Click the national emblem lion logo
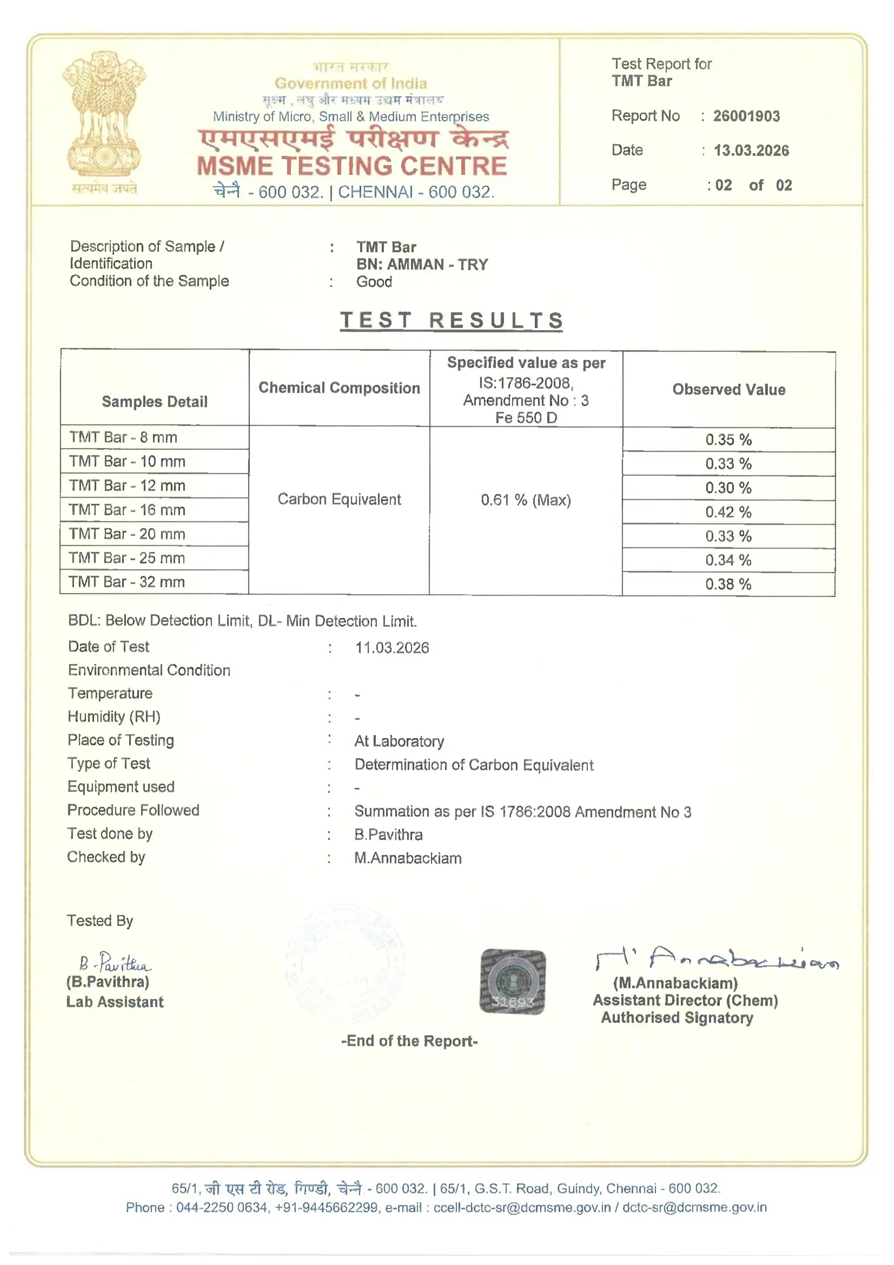point(104,116)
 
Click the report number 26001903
point(746,116)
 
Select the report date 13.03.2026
point(751,150)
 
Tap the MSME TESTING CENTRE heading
point(352,167)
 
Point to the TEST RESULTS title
point(451,320)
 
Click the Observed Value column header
point(728,390)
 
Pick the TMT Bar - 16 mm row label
point(127,510)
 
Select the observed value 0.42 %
point(727,512)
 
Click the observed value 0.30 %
point(727,487)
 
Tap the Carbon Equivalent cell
point(339,499)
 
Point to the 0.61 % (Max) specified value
point(526,500)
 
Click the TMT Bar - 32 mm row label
point(127,582)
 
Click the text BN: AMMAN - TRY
point(422,265)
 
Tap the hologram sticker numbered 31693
point(512,981)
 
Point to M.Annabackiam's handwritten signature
point(716,959)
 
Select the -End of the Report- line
point(409,1041)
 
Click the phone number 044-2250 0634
point(221,1207)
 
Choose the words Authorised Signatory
point(677,1018)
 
